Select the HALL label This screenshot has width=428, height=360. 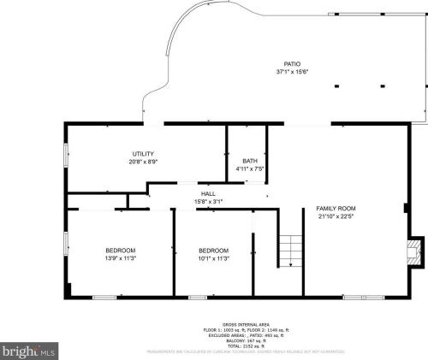pos(208,194)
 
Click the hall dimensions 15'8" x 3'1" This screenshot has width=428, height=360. pos(208,201)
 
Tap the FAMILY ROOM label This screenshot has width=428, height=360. pos(336,209)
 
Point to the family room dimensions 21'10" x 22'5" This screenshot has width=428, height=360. pos(336,216)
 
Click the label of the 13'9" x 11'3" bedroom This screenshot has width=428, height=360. pos(121,251)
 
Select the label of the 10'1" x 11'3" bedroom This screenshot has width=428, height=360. pos(213,251)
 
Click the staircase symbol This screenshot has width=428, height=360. pos(290,249)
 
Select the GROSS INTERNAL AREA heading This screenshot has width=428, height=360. pos(247,325)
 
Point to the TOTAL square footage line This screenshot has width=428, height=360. pos(247,346)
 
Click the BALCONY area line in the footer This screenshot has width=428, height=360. pos(247,341)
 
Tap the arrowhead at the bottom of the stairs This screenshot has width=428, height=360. pos(290,265)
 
